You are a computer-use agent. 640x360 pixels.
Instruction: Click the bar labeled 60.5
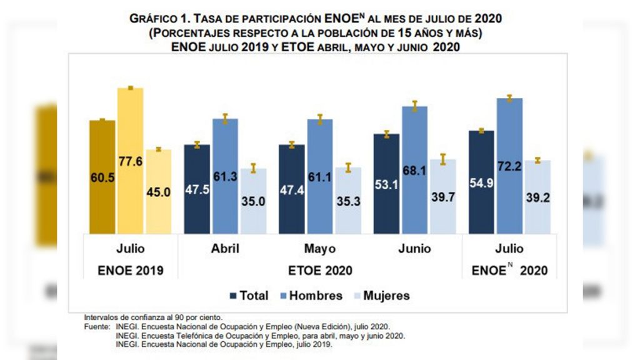(102, 177)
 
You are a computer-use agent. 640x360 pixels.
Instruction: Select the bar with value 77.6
(130, 161)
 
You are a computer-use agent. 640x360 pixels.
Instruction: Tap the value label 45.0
(158, 193)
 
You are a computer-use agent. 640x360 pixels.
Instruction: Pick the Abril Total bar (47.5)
(196, 189)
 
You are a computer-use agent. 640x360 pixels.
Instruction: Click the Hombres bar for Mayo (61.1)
(319, 176)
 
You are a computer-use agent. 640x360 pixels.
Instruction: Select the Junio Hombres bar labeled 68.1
(414, 170)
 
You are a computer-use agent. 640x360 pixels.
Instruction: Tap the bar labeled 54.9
(481, 182)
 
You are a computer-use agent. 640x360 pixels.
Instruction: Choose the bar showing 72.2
(509, 166)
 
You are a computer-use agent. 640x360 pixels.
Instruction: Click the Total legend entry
(249, 296)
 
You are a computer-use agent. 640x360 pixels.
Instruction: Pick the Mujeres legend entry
(381, 296)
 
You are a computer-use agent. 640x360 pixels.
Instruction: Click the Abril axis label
(225, 249)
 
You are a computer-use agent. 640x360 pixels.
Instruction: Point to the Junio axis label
(414, 249)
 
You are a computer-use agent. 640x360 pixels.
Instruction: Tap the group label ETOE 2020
(319, 271)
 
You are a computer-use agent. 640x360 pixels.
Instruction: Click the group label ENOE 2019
(131, 271)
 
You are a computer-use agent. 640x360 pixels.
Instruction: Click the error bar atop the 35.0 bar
(254, 167)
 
